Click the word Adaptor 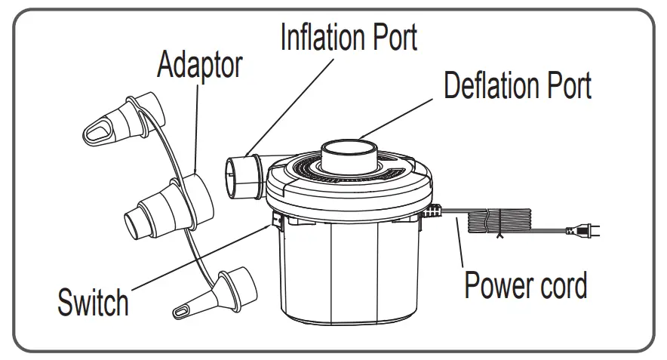tap(199, 66)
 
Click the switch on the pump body tap(277, 221)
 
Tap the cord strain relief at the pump tap(433, 214)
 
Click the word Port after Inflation tap(389, 36)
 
